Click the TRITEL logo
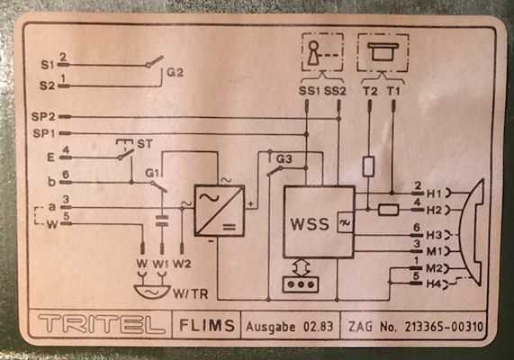tap(102, 325)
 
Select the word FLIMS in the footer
tap(207, 325)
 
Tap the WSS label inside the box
tap(310, 224)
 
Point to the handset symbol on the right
tap(471, 232)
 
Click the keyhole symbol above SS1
tap(314, 53)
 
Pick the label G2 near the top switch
tap(175, 72)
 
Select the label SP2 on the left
tap(43, 117)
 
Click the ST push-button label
tap(145, 144)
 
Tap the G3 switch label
tap(284, 159)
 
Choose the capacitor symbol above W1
tap(162, 220)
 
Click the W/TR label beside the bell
tap(191, 293)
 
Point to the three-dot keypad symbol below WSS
tap(301, 284)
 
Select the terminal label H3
tap(434, 235)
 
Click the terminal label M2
tap(434, 268)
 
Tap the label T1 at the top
tap(393, 91)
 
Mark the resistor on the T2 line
tap(369, 166)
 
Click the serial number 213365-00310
tap(444, 327)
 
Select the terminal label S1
tap(47, 65)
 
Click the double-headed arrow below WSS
tap(301, 268)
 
